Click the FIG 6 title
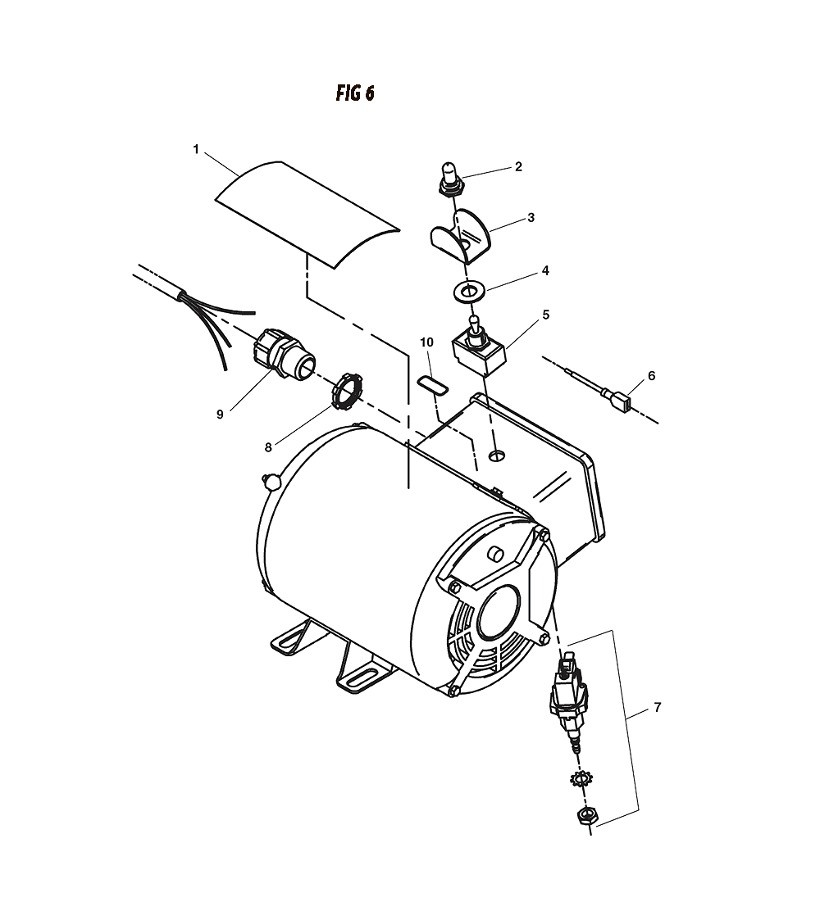[355, 93]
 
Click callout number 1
[196, 150]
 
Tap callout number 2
[518, 167]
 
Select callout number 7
[657, 707]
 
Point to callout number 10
[427, 342]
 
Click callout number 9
[220, 415]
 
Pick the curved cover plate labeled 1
[307, 215]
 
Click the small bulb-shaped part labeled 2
[449, 178]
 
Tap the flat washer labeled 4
[467, 292]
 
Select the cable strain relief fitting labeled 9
[284, 355]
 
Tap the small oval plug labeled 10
[433, 385]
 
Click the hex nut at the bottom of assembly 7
[585, 815]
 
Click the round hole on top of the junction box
[496, 455]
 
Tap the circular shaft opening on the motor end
[499, 611]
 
